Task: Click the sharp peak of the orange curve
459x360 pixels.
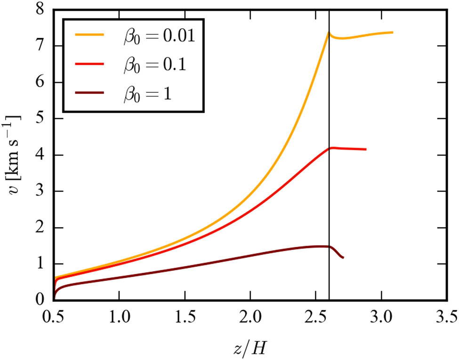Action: click(x=328, y=32)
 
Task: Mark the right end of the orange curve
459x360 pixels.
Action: click(x=392, y=32)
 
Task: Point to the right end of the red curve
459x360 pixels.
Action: click(x=366, y=150)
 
